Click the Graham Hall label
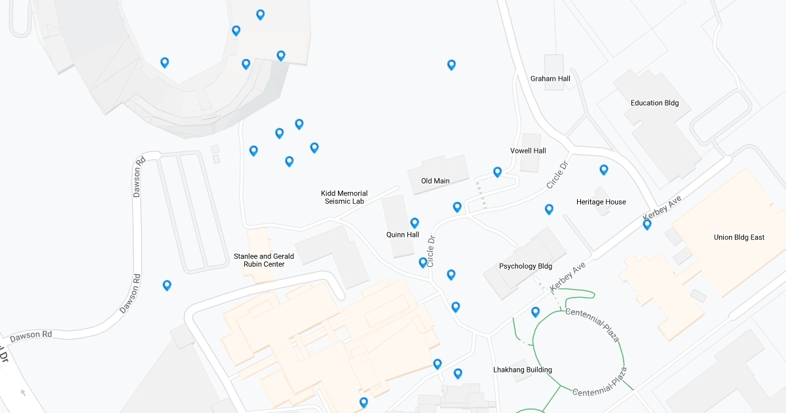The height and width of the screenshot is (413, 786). (x=550, y=79)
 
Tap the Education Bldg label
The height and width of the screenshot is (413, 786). (x=654, y=103)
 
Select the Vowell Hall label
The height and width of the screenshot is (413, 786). (x=528, y=151)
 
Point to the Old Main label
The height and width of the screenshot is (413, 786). (x=435, y=181)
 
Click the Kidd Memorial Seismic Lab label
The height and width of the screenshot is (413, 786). (x=344, y=197)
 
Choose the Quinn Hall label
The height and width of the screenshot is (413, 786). (x=402, y=235)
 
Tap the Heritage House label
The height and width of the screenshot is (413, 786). (x=601, y=202)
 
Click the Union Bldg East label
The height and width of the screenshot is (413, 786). (x=739, y=237)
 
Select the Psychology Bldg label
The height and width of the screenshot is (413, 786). (x=525, y=266)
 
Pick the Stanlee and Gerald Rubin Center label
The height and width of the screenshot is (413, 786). (x=264, y=260)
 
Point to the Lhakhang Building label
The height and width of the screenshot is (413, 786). (x=522, y=370)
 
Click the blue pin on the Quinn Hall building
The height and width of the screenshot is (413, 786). (x=414, y=223)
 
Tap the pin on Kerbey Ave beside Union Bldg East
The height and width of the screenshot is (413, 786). (x=646, y=224)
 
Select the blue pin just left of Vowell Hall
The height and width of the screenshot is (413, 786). (x=497, y=172)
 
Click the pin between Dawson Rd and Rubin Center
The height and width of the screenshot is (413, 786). (x=167, y=285)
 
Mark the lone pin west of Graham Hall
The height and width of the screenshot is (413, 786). (x=451, y=64)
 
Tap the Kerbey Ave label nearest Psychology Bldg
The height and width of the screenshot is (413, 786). (x=567, y=278)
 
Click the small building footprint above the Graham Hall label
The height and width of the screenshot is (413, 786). (x=553, y=63)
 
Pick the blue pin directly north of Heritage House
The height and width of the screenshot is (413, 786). (x=603, y=170)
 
